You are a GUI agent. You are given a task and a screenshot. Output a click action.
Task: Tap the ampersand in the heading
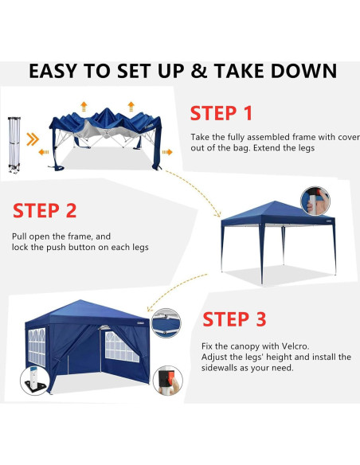click(x=200, y=72)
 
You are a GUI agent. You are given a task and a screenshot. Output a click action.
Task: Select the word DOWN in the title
click(x=303, y=72)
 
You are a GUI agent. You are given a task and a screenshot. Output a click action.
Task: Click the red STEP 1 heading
click(x=221, y=113)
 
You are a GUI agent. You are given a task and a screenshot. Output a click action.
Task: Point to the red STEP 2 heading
click(x=45, y=211)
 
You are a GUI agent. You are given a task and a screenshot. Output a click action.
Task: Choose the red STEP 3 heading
click(x=234, y=319)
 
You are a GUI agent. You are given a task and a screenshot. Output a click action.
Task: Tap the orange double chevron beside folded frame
click(x=32, y=141)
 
